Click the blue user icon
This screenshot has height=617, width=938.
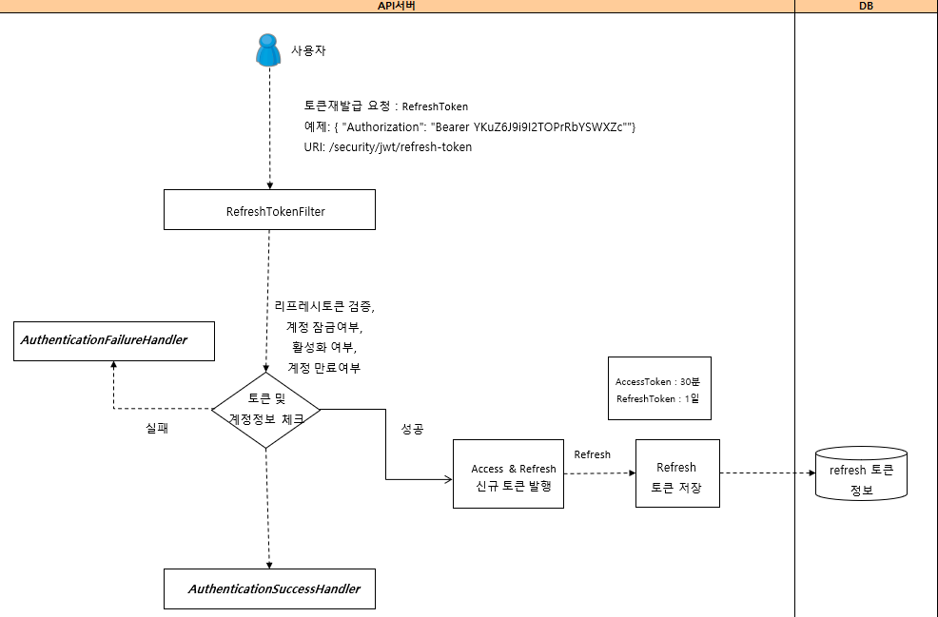[x=269, y=50]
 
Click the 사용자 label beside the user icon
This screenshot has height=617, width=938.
[x=308, y=50]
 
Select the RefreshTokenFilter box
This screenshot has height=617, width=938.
[x=269, y=210]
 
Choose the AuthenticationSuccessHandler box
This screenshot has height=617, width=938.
[x=269, y=588]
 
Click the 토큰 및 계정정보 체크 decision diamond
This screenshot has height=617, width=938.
[x=266, y=409]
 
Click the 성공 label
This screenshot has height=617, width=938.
[x=412, y=429]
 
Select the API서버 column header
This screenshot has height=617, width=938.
[x=397, y=6]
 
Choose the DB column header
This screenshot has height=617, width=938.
[x=866, y=6]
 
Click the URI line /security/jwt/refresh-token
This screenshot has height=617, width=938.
[x=387, y=147]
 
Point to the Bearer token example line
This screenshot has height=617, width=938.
[x=469, y=127]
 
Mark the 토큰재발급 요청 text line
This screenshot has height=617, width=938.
[x=385, y=106]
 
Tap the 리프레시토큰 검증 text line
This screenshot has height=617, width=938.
[x=323, y=306]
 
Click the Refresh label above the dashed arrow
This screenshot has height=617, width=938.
[x=592, y=454]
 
